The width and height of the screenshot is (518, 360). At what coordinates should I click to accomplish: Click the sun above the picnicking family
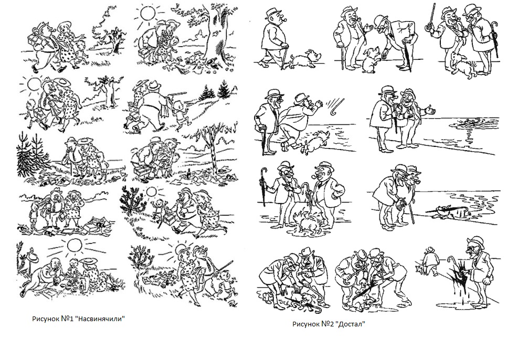coord(74,245)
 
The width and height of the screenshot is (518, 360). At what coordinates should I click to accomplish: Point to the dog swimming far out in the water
coord(467,123)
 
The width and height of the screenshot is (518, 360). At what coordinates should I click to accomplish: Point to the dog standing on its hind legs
coord(370,59)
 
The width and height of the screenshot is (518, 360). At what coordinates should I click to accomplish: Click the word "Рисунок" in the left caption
coord(46,319)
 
